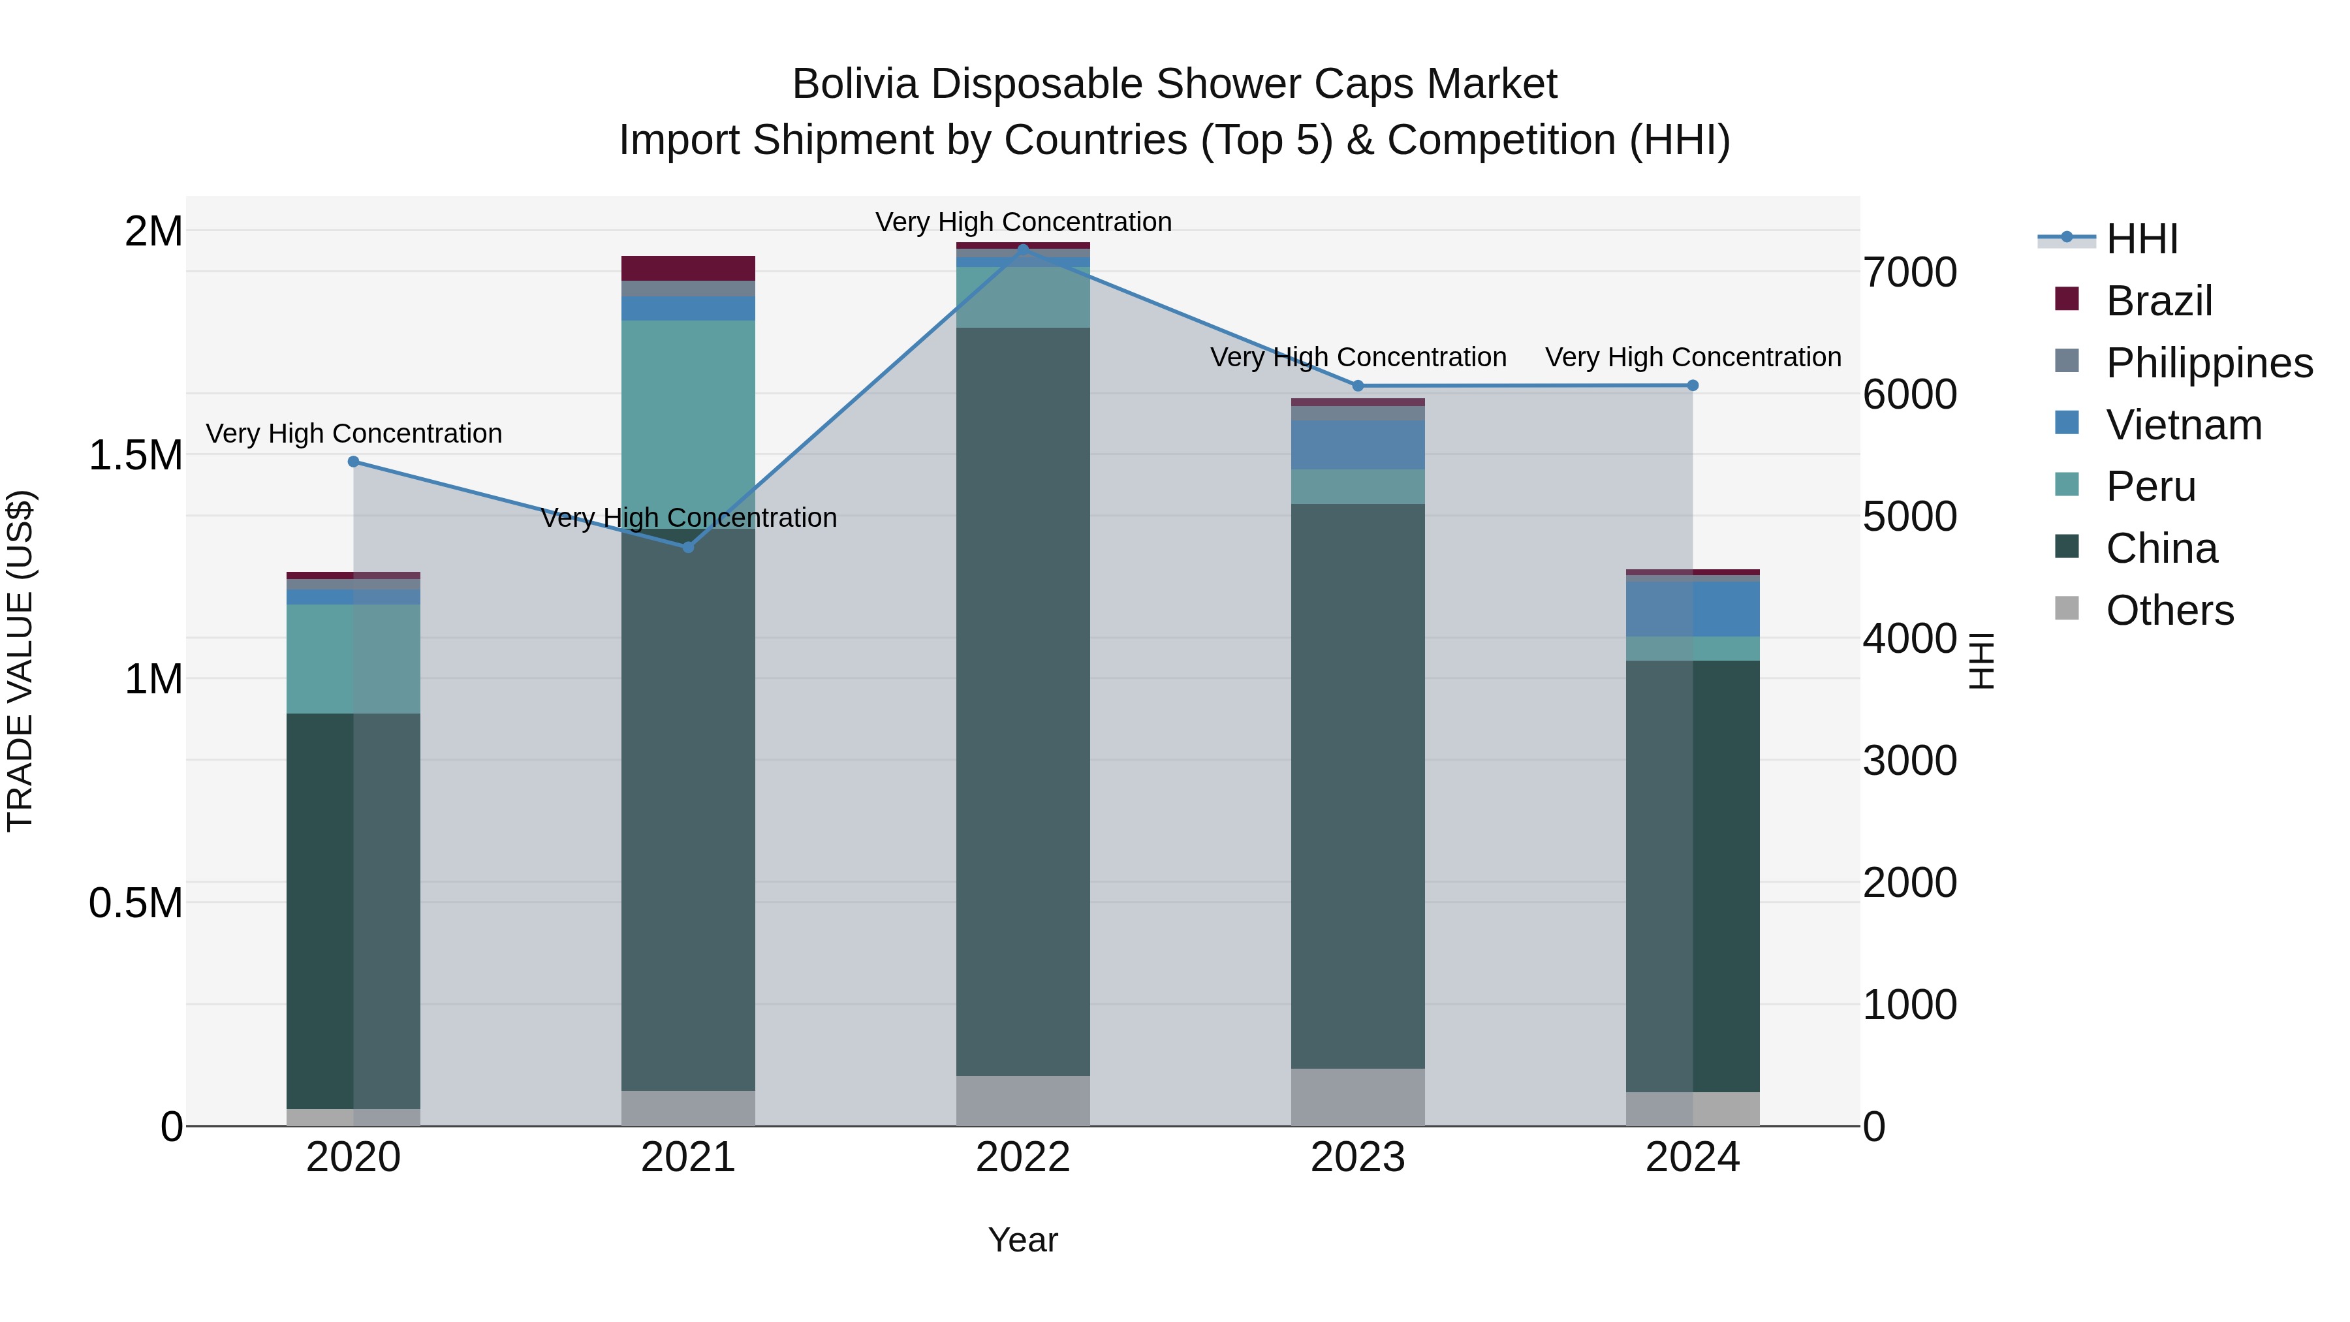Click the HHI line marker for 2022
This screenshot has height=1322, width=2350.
[x=1023, y=248]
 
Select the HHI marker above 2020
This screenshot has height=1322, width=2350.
[x=354, y=462]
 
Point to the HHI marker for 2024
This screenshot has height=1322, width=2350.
[x=1692, y=386]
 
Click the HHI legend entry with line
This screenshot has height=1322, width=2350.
[x=2107, y=239]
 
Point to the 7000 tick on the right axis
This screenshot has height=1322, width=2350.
[x=1909, y=273]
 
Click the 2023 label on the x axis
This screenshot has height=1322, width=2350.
[x=1358, y=1157]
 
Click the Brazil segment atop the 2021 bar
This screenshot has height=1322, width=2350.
[x=689, y=268]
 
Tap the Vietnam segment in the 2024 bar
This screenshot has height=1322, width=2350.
[x=1692, y=608]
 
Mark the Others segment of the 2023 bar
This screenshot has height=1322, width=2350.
[x=1358, y=1097]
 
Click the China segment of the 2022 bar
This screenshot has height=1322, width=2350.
[x=1023, y=702]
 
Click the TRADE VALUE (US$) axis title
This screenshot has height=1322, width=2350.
[x=20, y=661]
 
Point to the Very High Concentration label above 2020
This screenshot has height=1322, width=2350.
[x=354, y=433]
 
